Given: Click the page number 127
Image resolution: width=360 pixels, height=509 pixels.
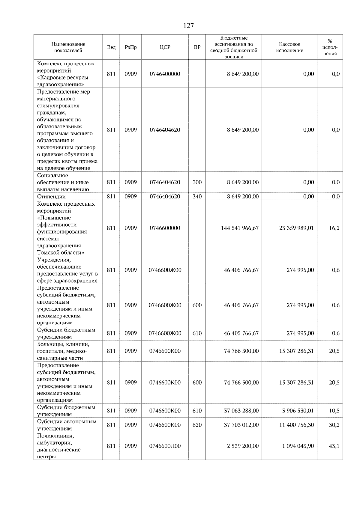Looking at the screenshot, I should click(188, 25).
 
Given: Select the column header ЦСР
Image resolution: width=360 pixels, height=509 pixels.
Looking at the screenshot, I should click(165, 47).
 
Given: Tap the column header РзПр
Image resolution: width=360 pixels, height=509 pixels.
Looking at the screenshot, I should click(130, 47).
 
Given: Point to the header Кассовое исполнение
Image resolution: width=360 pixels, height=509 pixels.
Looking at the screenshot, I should click(289, 47).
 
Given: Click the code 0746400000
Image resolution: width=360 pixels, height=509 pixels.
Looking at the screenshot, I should click(165, 74).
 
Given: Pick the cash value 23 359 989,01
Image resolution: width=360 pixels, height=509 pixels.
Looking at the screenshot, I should click(296, 228).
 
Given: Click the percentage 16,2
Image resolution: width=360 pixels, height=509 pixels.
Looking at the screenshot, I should click(334, 228).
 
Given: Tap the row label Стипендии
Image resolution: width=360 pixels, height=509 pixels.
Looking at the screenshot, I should click(51, 197).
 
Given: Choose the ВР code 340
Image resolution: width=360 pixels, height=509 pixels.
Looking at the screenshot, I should click(197, 197).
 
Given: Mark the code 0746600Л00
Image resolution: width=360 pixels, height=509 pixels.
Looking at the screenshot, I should click(165, 446).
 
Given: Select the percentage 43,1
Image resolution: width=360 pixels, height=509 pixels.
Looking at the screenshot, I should click(334, 446).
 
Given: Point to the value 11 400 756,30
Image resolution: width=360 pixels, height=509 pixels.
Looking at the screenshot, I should click(296, 425).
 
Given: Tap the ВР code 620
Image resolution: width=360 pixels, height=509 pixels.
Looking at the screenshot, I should click(197, 425).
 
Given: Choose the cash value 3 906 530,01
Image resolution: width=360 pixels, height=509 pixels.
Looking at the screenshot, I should click(298, 411).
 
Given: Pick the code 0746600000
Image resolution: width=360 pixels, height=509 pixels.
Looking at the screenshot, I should click(165, 228).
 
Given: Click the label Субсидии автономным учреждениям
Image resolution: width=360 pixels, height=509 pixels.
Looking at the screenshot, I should click(67, 425).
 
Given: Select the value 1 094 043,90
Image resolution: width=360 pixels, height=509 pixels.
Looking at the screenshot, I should click(298, 446).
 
